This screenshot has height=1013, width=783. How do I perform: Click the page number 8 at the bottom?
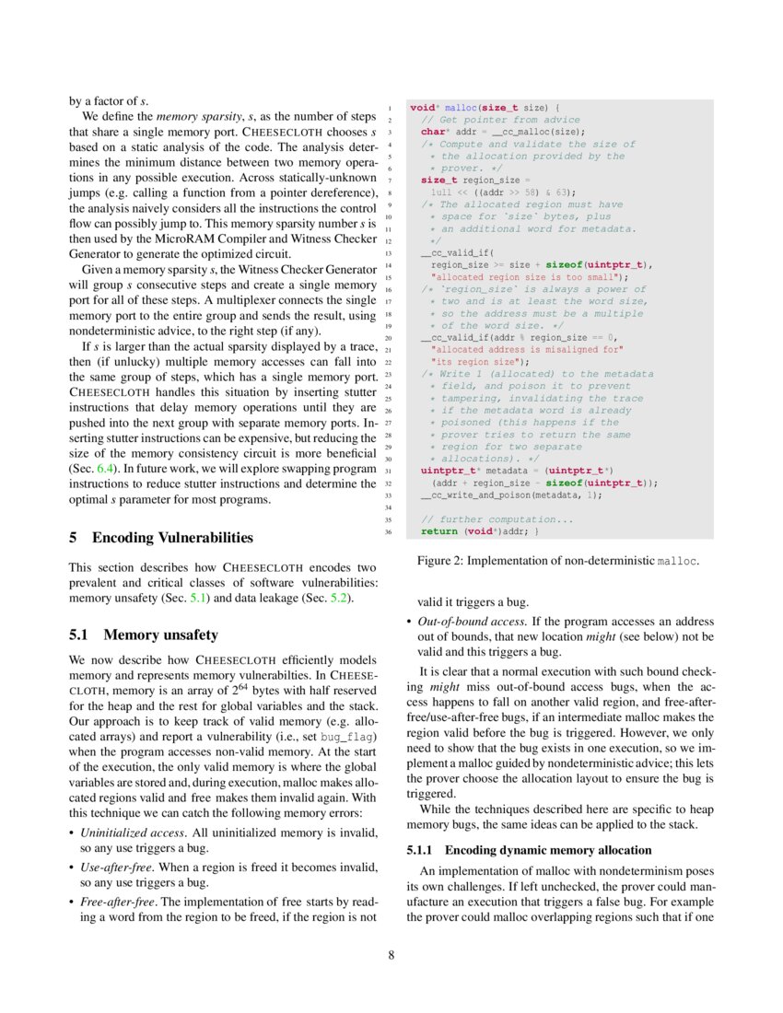tap(391, 954)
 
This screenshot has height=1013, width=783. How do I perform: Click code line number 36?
tap(390, 531)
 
